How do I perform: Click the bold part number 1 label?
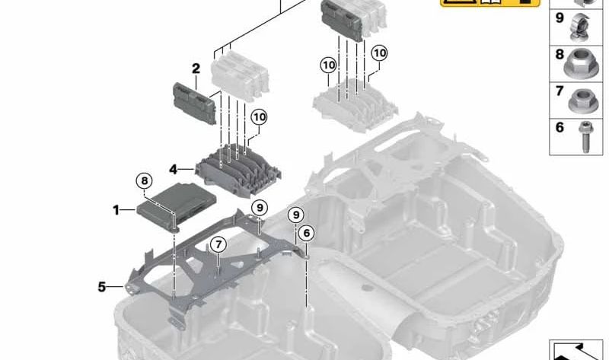tap(116, 210)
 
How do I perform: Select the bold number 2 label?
tap(196, 68)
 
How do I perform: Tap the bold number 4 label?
tap(174, 169)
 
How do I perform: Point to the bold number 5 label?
tap(101, 287)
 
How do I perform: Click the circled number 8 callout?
tap(145, 180)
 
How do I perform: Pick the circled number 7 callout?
tap(218, 244)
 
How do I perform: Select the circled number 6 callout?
tap(307, 233)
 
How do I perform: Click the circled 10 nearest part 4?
tap(260, 117)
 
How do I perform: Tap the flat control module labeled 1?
tap(177, 205)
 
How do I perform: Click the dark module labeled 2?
tap(195, 104)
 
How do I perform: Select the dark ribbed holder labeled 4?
tap(238, 170)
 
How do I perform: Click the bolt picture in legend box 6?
tap(584, 137)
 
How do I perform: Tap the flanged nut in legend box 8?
tap(581, 64)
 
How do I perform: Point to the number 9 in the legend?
tap(560, 18)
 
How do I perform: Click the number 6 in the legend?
tap(560, 127)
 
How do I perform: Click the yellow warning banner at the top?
tap(489, 3)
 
